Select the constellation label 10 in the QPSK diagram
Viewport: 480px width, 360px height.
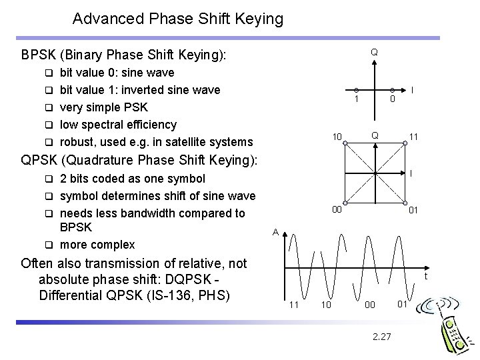(338, 137)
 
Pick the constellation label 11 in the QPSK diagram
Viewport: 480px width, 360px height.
(414, 137)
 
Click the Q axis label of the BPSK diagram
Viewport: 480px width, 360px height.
(374, 51)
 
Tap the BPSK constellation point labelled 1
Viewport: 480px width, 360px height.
(357, 90)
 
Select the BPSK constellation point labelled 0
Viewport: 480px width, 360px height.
(392, 90)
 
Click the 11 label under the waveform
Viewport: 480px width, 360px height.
(293, 305)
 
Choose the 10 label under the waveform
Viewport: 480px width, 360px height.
(326, 305)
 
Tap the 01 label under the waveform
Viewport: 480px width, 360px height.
(402, 305)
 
